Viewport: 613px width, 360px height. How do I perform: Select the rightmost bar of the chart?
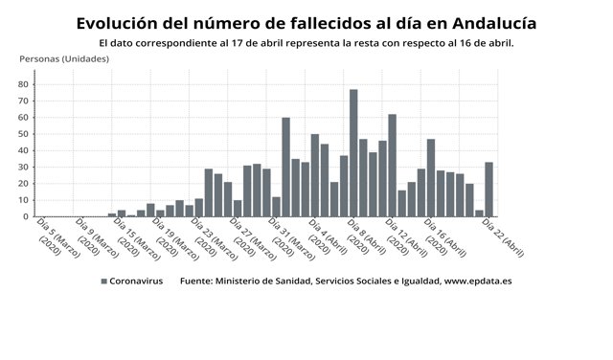click(488, 190)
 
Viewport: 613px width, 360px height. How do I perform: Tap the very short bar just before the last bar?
click(479, 214)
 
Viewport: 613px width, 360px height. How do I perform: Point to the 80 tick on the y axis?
click(25, 84)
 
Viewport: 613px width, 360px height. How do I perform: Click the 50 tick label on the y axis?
click(25, 134)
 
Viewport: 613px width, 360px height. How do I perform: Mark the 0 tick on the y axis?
click(28, 216)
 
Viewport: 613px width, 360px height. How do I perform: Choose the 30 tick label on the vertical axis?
click(25, 167)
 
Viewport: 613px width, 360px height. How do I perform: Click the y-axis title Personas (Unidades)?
click(64, 59)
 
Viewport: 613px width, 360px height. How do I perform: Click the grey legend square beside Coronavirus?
click(103, 281)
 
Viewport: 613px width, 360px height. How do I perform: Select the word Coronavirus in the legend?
click(136, 281)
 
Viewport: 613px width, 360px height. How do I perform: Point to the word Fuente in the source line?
click(198, 281)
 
